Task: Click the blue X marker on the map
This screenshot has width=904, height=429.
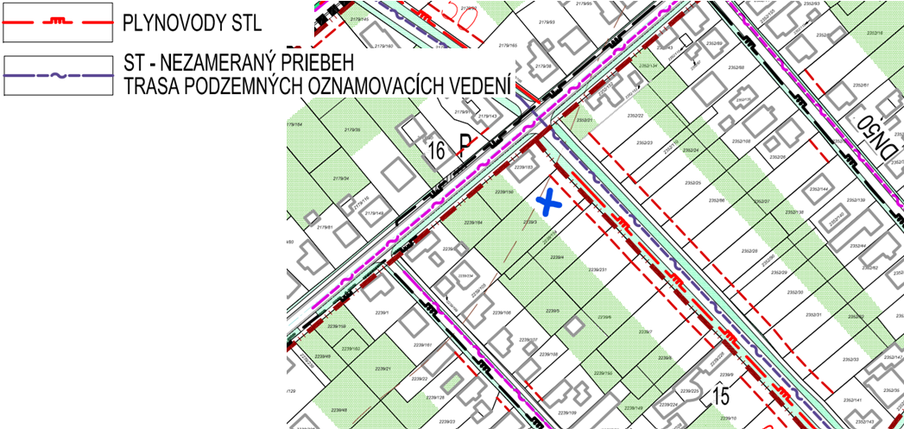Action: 548,203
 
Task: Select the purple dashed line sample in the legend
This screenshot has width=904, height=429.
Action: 58,75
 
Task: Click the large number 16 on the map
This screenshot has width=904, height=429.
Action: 437,149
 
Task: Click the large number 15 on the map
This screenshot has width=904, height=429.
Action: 721,396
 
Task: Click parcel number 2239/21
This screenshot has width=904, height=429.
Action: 383,369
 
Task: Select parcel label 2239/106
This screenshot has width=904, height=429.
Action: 501,312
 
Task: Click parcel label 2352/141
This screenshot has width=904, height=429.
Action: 853,400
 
